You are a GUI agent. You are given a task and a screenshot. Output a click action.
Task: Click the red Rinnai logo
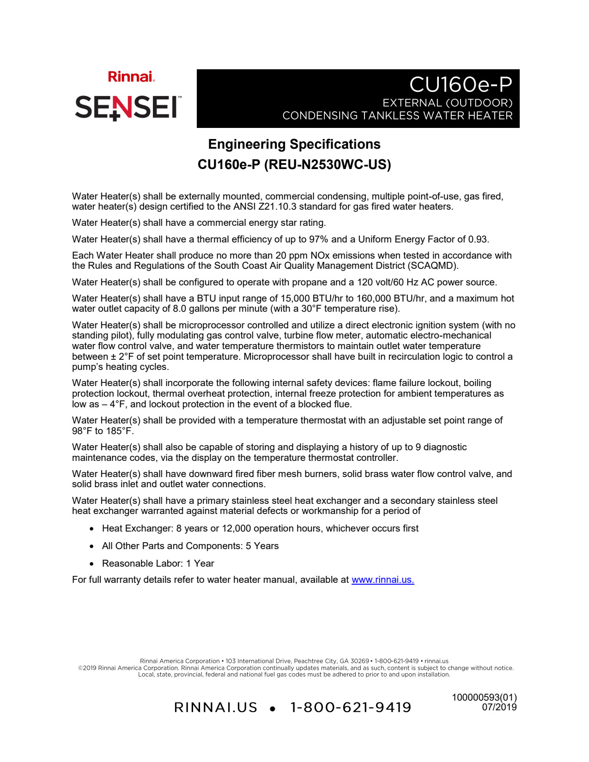[131, 77]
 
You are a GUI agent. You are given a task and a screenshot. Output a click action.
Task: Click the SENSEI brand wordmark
[126, 107]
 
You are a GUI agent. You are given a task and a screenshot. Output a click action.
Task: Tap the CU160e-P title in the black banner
[461, 85]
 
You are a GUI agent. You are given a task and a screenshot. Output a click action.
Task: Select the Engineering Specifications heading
[294, 144]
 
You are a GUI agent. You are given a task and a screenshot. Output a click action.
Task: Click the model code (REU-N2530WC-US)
[328, 164]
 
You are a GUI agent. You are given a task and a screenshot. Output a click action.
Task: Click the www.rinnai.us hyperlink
[383, 580]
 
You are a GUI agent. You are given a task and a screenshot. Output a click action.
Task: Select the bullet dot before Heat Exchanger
[92, 529]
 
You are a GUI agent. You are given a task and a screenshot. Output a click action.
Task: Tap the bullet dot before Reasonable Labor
[92, 564]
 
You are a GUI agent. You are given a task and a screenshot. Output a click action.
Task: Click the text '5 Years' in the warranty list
[262, 546]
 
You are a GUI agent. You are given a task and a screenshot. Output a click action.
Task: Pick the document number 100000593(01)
[484, 697]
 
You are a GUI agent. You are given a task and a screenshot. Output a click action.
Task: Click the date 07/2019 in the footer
[499, 707]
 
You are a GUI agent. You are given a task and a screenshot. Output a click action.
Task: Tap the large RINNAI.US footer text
[216, 708]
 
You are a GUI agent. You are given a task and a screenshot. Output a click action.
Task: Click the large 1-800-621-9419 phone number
[351, 708]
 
